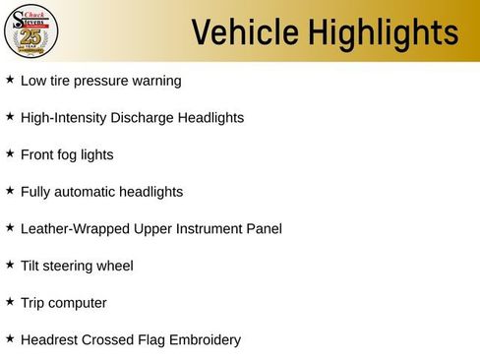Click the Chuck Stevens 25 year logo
[x=31, y=30]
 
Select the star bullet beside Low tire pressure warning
[x=10, y=80]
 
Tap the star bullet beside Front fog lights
[x=10, y=153]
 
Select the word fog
[x=71, y=155]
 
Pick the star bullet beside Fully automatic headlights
[x=10, y=191]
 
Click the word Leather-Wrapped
[x=73, y=229]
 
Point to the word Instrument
[x=209, y=229]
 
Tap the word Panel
[x=263, y=229]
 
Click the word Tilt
[x=31, y=266]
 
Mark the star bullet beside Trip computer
[x=10, y=302]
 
